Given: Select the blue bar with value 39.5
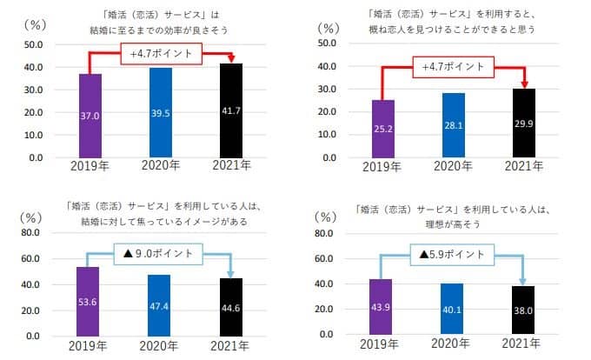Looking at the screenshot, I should tap(160, 112).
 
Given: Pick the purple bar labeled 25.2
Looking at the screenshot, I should tap(382, 129).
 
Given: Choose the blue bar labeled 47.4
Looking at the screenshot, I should tap(159, 305).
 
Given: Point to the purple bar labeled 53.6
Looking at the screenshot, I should tap(88, 301).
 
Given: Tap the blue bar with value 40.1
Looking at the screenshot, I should tap(451, 309).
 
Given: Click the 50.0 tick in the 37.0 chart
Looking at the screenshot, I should tap(37, 44).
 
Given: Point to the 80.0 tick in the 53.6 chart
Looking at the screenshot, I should tap(37, 233).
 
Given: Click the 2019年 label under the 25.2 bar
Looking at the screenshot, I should tap(382, 164).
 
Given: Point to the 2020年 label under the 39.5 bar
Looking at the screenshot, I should tap(160, 165).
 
